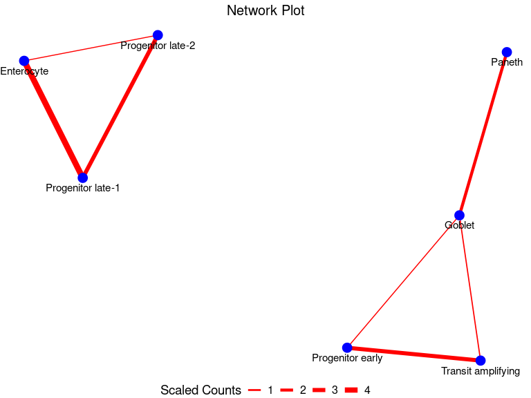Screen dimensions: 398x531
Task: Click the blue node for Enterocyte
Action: (24, 61)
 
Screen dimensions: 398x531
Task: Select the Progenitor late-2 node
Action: (158, 35)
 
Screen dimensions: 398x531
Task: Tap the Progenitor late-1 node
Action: (83, 178)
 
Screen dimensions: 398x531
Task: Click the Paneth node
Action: (507, 52)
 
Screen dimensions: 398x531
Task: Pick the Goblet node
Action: (459, 215)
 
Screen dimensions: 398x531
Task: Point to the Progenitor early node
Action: (347, 348)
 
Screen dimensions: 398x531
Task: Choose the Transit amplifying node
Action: (481, 361)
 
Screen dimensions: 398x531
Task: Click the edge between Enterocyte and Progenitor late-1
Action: (53, 119)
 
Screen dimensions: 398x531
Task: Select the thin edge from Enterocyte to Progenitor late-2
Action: (91, 48)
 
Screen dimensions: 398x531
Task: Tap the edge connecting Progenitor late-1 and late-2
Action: (120, 106)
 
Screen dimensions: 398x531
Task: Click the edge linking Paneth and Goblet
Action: (483, 133)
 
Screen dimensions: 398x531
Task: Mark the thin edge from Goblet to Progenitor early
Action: (403, 281)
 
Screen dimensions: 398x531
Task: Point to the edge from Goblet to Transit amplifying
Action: (470, 288)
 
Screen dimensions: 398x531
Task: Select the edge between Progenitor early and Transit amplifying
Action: (413, 354)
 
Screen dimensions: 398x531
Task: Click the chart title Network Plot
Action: (265, 11)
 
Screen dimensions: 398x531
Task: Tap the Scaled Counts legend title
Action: (201, 390)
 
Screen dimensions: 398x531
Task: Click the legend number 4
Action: (367, 390)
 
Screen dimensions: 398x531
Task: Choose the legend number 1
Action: (270, 390)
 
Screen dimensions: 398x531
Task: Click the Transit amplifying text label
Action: (481, 372)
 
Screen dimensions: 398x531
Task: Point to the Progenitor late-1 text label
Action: (83, 188)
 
